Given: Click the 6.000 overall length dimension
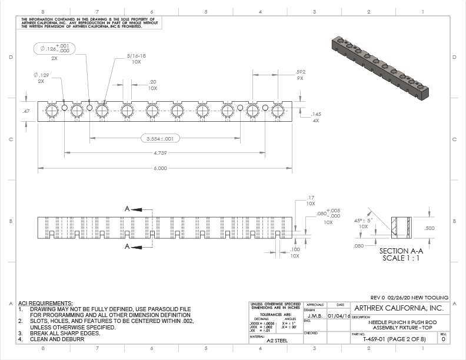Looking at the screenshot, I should tap(160, 168).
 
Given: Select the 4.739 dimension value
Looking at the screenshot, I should tap(160, 153).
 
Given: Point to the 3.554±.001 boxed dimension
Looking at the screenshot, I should tap(160, 139).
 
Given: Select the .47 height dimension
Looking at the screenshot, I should tap(26, 111).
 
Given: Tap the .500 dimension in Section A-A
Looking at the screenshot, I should tap(430, 228).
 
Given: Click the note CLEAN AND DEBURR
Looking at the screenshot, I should tap(54, 339).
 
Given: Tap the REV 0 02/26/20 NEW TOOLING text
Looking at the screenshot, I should tap(410, 297).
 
